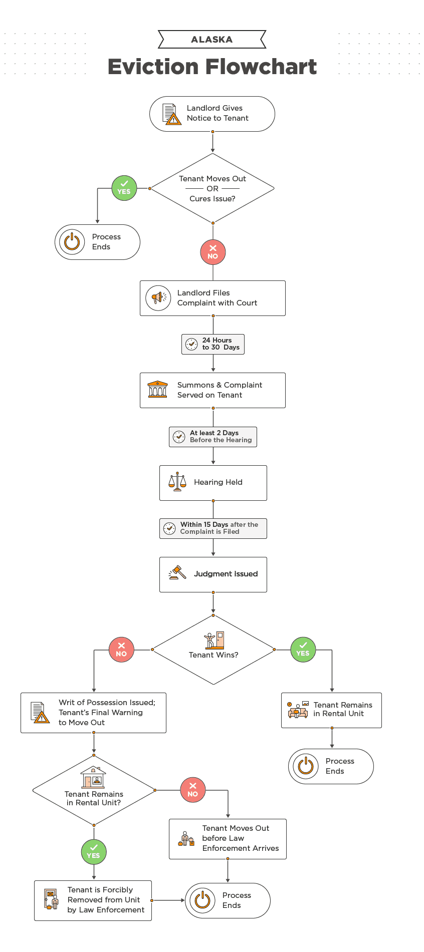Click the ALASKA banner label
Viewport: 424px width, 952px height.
[211, 40]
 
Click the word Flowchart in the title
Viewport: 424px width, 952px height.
[261, 67]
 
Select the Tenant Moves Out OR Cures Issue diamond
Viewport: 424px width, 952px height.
[213, 188]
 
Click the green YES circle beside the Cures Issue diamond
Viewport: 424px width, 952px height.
[124, 188]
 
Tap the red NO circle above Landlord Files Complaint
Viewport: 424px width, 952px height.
[213, 252]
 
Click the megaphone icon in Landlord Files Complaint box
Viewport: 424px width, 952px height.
[158, 298]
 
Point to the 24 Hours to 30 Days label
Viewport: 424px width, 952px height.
[213, 344]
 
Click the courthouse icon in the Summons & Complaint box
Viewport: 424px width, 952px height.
[157, 390]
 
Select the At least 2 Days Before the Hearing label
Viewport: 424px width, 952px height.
[213, 437]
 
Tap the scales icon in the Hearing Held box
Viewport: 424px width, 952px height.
[177, 482]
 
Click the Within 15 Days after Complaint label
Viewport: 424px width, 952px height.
[213, 528]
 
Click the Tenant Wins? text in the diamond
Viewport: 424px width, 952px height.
[214, 655]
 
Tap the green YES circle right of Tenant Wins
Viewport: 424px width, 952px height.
[303, 650]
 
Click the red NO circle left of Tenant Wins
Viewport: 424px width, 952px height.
[121, 650]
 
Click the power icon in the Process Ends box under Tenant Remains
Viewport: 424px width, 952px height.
[306, 766]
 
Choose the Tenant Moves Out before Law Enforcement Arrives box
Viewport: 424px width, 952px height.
[228, 838]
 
